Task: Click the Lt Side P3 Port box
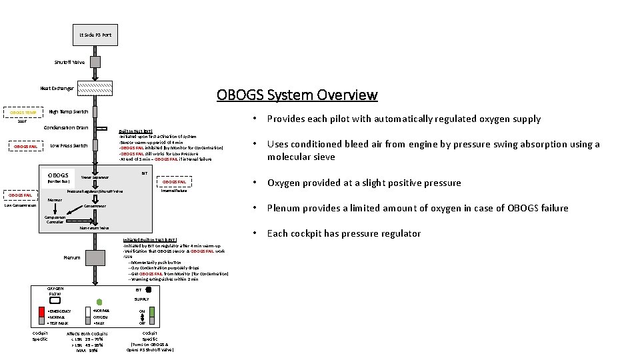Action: (x=95, y=35)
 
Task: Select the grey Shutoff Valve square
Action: (x=95, y=62)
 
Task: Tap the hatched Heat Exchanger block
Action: (x=95, y=87)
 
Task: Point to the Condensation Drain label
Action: (x=66, y=127)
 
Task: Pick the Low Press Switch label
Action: (x=69, y=145)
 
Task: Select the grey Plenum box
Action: (x=95, y=257)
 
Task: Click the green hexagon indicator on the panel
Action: (x=99, y=301)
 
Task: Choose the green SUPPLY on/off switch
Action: (x=151, y=311)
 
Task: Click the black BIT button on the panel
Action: (x=149, y=290)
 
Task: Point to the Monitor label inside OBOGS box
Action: (x=55, y=199)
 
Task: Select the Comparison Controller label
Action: (x=55, y=219)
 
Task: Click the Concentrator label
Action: (x=95, y=206)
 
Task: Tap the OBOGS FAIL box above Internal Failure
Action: (x=175, y=181)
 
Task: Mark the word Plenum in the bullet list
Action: (x=283, y=208)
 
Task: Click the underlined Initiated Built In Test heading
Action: (x=148, y=240)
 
